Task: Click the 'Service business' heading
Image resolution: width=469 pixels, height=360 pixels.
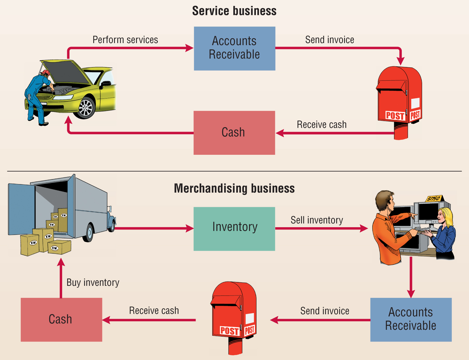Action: click(234, 11)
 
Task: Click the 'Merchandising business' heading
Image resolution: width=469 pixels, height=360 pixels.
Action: click(234, 188)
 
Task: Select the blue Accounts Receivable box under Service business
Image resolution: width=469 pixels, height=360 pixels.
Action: click(235, 48)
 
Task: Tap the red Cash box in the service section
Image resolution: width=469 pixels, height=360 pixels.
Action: click(234, 133)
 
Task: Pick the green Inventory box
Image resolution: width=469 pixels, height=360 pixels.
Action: click(234, 229)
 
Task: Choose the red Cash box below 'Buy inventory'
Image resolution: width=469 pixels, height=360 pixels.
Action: click(61, 320)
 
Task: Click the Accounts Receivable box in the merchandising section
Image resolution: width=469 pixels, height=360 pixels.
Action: click(411, 320)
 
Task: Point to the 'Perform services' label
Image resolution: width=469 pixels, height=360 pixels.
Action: click(125, 40)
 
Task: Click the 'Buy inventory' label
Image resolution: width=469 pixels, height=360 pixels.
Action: click(93, 282)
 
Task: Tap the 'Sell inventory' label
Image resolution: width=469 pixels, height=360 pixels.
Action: click(317, 220)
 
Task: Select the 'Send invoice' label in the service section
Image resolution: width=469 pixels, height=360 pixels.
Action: click(329, 40)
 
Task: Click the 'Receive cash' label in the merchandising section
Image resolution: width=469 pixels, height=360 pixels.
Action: click(154, 310)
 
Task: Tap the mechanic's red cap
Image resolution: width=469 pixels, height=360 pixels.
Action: click(45, 72)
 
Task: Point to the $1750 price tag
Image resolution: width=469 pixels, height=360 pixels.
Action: click(434, 199)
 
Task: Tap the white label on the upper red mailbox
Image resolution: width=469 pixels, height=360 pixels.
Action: click(415, 103)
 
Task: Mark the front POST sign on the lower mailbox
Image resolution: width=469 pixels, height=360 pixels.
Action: click(230, 331)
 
